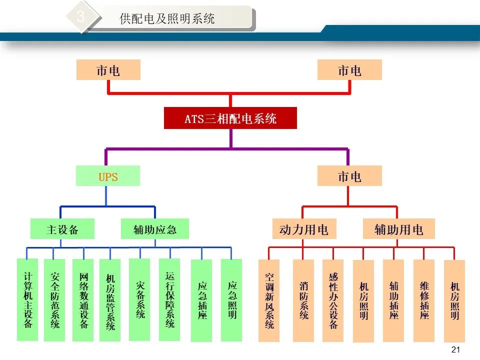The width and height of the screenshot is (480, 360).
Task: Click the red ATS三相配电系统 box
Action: point(230,118)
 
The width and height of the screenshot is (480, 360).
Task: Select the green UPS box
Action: point(108,175)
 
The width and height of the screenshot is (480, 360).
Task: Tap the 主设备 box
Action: point(62,228)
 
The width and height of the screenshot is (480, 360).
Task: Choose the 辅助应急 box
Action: point(155,228)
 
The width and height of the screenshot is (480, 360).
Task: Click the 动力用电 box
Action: point(304,228)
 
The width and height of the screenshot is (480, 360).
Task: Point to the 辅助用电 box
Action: point(399,228)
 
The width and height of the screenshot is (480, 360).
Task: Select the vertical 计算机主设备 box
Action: point(27,299)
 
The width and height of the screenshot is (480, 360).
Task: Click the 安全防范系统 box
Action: point(54,300)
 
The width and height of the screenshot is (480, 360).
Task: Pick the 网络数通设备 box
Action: point(83,300)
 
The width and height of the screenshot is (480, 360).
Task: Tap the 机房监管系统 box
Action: point(110,300)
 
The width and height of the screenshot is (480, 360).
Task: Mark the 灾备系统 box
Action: point(139,299)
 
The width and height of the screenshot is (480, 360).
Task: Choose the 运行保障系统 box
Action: point(169,299)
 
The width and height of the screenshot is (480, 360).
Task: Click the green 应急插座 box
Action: point(201,300)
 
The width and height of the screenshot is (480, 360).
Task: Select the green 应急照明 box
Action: point(231,300)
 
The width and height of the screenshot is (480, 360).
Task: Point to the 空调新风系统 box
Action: point(269,300)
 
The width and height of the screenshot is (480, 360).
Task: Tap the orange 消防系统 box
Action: point(303,300)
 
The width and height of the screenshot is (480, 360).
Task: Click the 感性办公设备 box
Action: point(333,300)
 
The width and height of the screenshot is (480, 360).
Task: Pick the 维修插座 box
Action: point(424,300)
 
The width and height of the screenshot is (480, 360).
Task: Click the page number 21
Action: point(456,349)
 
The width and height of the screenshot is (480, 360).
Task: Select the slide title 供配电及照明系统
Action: point(167,18)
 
